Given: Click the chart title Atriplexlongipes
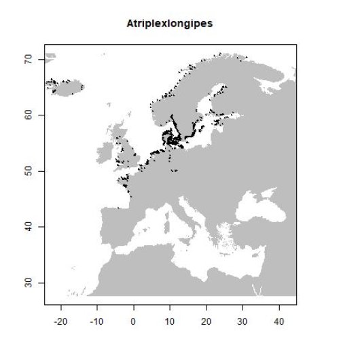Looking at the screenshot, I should point(170,24).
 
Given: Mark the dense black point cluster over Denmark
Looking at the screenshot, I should point(168,139).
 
